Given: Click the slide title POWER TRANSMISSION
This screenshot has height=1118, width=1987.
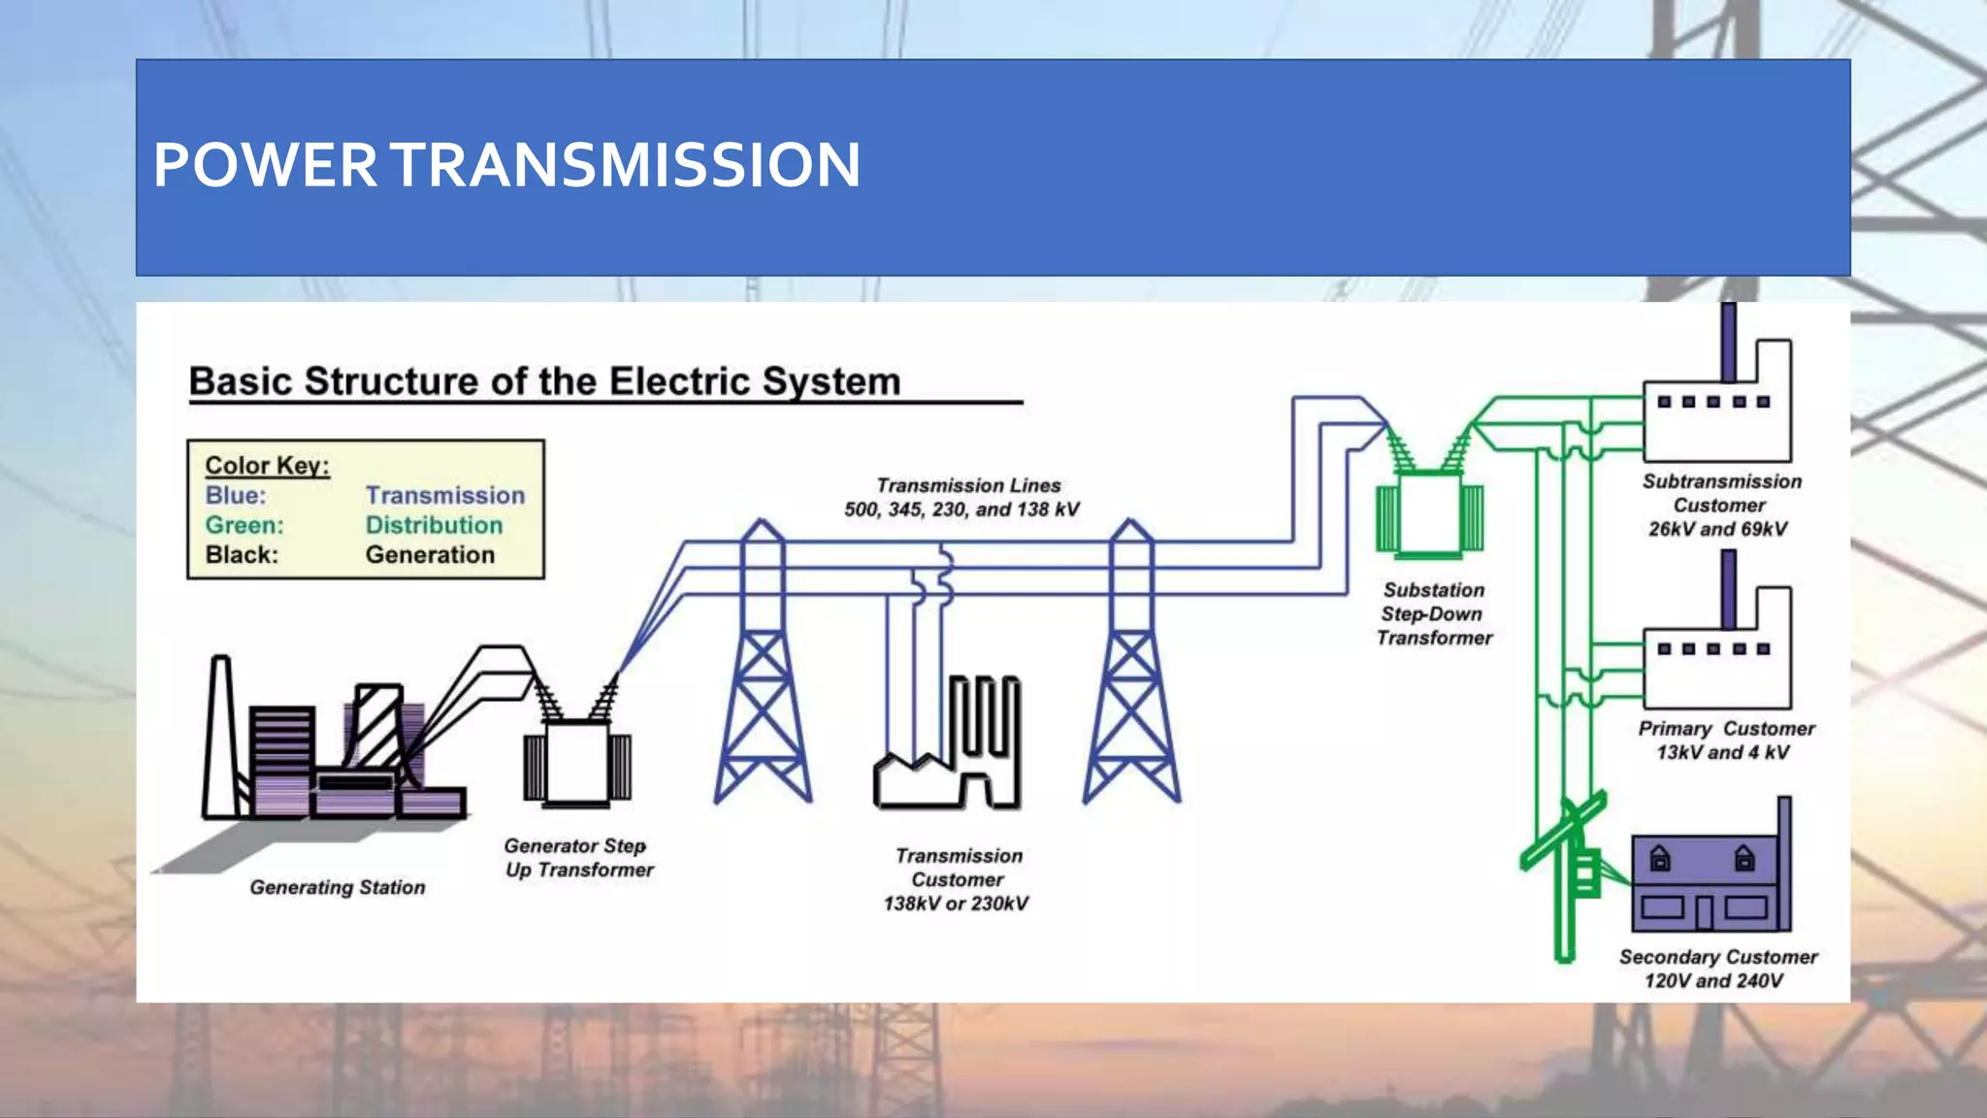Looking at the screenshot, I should pyautogui.click(x=506, y=165).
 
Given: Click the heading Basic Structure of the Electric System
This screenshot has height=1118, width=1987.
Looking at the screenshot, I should pyautogui.click(x=544, y=381).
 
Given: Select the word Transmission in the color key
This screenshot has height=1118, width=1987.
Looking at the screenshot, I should pyautogui.click(x=444, y=495).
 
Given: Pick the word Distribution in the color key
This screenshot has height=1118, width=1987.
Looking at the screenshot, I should pyautogui.click(x=434, y=525).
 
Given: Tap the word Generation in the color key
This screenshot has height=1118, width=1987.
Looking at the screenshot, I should pyautogui.click(x=430, y=555).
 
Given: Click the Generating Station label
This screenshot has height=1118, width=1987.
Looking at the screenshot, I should pyautogui.click(x=337, y=887).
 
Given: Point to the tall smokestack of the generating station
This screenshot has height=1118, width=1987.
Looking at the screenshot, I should pyautogui.click(x=220, y=738).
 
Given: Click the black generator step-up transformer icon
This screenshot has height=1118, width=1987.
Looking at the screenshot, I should pyautogui.click(x=576, y=762).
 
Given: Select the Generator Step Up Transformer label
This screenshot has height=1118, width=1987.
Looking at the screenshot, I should pyautogui.click(x=578, y=858).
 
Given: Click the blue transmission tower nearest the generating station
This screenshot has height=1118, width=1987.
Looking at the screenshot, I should pyautogui.click(x=763, y=679).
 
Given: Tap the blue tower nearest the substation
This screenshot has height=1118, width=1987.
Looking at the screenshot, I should pyautogui.click(x=1131, y=679).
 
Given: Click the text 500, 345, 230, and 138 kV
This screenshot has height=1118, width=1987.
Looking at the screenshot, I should pyautogui.click(x=961, y=510).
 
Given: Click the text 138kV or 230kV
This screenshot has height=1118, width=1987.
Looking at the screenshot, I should pyautogui.click(x=956, y=904).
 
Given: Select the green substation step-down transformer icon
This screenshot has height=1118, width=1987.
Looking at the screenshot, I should pyautogui.click(x=1429, y=514).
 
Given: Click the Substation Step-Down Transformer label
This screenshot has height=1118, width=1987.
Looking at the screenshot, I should pyautogui.click(x=1433, y=613).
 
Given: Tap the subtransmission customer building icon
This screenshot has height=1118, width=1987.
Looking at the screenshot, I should pyautogui.click(x=1716, y=417).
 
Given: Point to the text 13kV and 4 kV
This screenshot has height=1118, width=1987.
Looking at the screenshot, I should pyautogui.click(x=1722, y=752).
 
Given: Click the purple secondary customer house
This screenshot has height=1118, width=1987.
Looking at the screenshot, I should pyautogui.click(x=1703, y=883).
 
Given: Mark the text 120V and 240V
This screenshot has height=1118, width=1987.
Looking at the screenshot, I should pyautogui.click(x=1713, y=980).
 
